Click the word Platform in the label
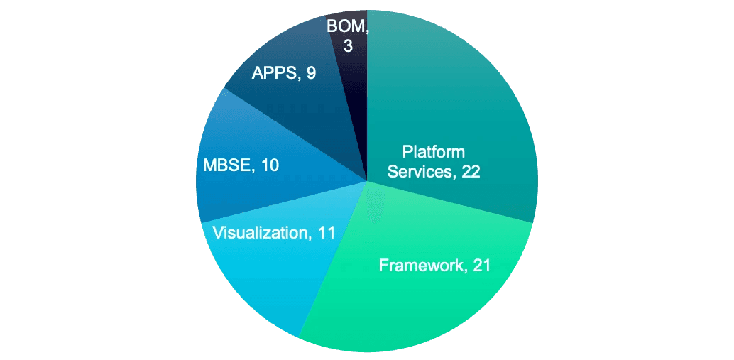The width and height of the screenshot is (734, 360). tap(433, 151)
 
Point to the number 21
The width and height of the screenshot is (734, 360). tap(481, 266)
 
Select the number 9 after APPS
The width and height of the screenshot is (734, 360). tap(312, 73)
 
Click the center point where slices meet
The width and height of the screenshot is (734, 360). tap(367, 181)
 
